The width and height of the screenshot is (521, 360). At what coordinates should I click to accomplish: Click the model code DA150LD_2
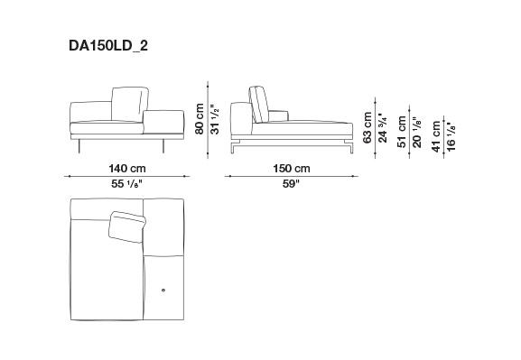[x=108, y=46]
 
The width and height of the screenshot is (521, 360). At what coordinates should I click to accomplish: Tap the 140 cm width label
[x=127, y=169]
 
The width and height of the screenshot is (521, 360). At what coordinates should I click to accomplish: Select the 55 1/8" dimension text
[x=126, y=184]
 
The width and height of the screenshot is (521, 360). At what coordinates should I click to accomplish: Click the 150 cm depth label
[x=292, y=169]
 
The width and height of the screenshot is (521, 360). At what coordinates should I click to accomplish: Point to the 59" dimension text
[x=291, y=184]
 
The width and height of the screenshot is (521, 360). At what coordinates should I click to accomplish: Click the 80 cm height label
[x=200, y=119]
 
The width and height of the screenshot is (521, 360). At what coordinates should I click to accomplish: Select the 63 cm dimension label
[x=367, y=127]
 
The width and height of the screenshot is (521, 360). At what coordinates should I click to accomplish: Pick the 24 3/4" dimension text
[x=383, y=127]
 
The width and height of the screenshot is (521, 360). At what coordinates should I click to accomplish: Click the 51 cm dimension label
[x=402, y=132]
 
